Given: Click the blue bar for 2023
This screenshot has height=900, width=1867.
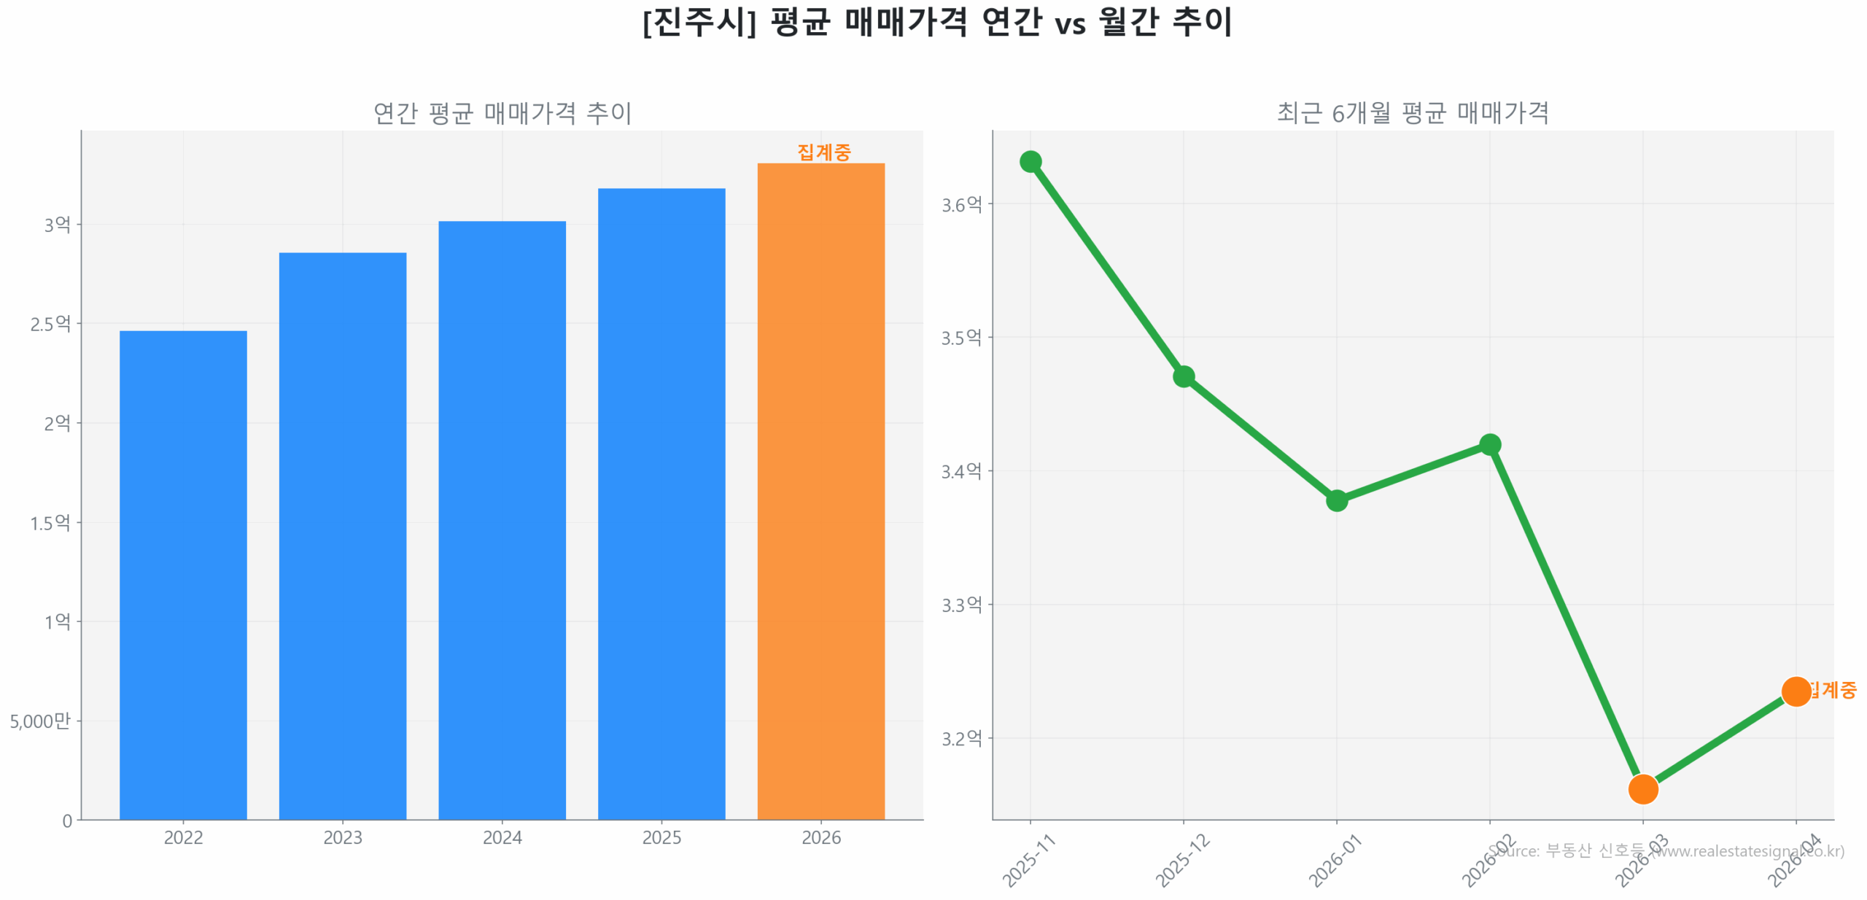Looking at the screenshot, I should point(342,536).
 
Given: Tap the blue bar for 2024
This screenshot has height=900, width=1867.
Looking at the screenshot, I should point(502,520).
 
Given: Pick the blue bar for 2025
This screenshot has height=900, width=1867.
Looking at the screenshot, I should point(661,503).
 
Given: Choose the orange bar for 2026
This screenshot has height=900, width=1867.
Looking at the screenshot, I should point(820,491).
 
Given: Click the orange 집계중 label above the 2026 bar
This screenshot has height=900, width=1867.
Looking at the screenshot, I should point(823,152).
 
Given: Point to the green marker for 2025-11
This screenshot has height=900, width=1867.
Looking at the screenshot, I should point(1030,161).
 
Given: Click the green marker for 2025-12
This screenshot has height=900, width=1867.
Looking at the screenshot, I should point(1183,376).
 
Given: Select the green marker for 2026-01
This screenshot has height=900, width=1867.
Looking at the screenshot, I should point(1336,500).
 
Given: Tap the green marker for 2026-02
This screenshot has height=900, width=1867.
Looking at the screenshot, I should point(1489,444).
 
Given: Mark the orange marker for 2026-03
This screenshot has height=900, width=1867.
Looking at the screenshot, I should point(1642,788).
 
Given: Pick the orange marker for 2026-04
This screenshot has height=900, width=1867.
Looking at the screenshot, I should point(1796,691).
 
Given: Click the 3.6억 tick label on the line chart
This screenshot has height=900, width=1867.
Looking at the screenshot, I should point(961,205).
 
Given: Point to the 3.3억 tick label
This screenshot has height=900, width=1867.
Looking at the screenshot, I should point(961,605).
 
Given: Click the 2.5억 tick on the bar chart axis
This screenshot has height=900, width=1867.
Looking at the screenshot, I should point(50,324).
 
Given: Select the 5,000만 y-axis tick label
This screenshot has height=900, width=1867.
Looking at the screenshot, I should point(40,721).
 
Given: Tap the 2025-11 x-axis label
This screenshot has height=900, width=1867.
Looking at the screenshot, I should point(1028,861).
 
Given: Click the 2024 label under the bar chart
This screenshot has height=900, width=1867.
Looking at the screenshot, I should point(502,837).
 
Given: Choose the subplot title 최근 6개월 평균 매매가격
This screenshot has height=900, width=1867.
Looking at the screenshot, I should point(1412,113).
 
